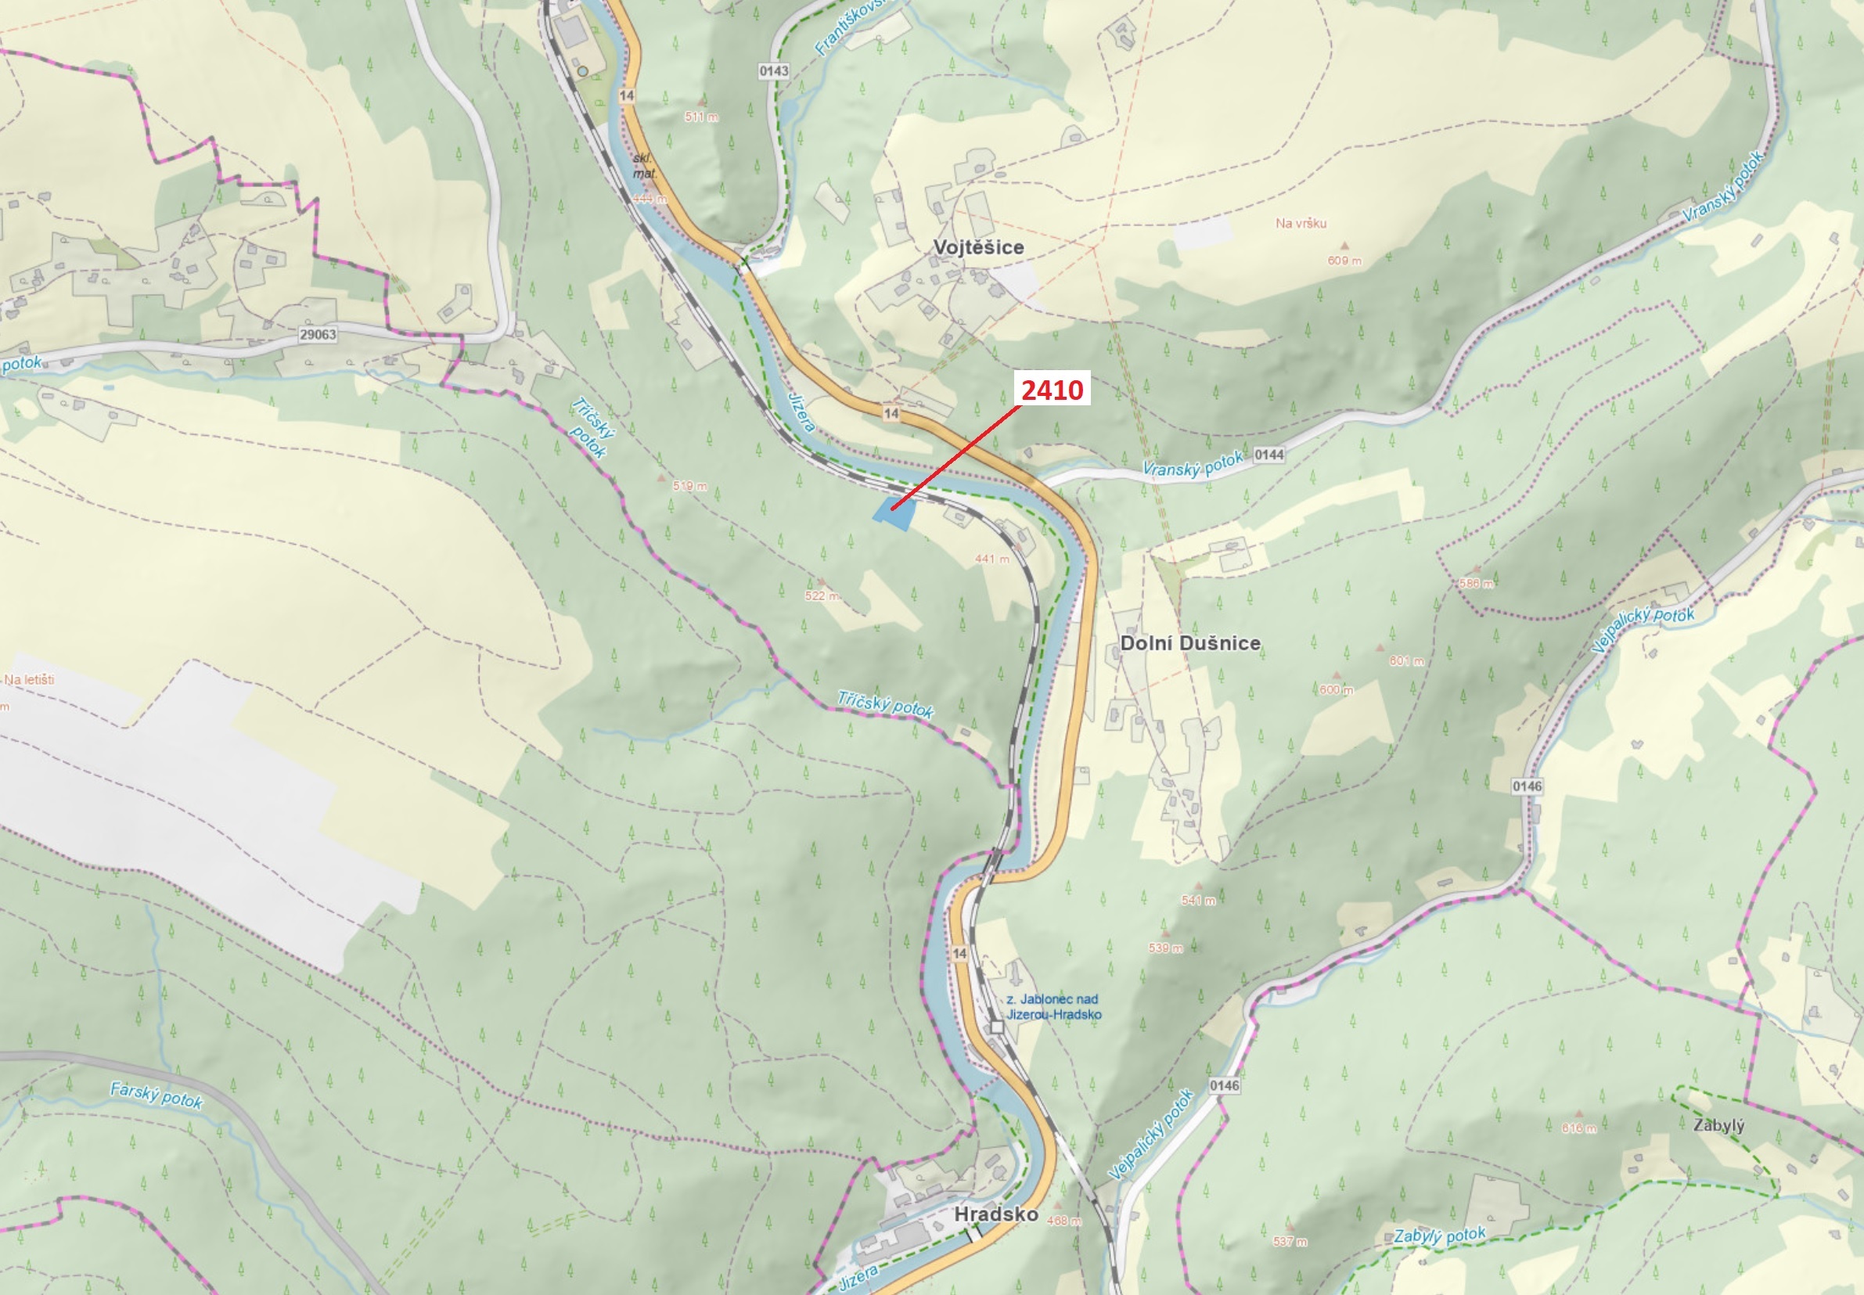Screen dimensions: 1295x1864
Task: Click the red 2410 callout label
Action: (x=1052, y=390)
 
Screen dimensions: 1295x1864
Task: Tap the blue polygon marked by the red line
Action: (x=894, y=513)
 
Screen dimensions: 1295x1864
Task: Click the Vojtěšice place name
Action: (x=978, y=247)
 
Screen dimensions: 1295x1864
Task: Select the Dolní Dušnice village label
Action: (x=1189, y=643)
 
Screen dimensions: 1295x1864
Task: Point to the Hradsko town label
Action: (x=995, y=1214)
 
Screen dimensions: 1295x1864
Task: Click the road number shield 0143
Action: (x=773, y=71)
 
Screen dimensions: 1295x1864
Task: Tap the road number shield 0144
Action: (x=1268, y=455)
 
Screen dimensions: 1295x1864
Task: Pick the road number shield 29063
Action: (x=317, y=334)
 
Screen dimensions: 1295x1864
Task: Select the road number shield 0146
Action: (x=1224, y=1085)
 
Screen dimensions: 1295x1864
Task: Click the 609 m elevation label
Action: (x=1344, y=261)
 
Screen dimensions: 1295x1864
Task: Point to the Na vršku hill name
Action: (x=1301, y=223)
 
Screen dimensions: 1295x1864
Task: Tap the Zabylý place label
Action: (x=1718, y=1125)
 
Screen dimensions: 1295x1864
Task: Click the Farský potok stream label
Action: (x=157, y=1095)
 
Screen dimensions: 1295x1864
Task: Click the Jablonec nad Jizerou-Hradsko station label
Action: (x=1053, y=1007)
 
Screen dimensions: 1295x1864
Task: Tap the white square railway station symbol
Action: (x=996, y=1027)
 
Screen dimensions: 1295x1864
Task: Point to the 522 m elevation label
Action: (x=821, y=595)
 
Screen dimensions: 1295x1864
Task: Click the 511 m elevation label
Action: (x=700, y=117)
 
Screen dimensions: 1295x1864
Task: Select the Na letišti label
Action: (x=29, y=679)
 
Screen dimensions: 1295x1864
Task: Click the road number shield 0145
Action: (x=1527, y=786)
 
